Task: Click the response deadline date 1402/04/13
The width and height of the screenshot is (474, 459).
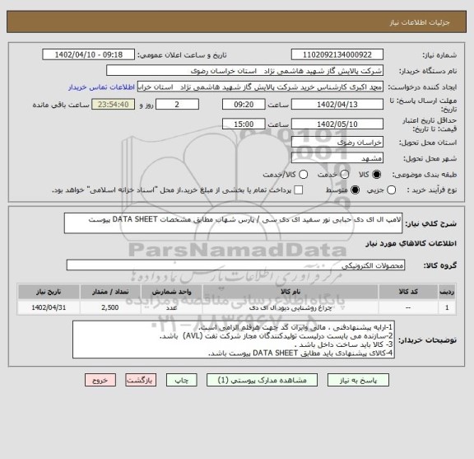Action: click(x=338, y=105)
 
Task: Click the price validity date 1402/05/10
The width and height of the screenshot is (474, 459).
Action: click(x=338, y=124)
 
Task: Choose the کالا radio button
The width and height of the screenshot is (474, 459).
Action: click(x=378, y=174)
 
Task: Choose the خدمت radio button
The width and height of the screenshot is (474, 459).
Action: click(x=340, y=174)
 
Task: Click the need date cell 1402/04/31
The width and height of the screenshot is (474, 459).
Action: click(x=40, y=307)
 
